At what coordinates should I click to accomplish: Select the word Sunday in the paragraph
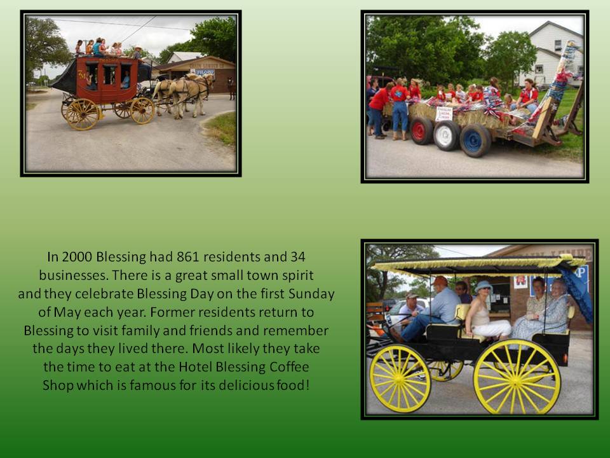click(x=311, y=294)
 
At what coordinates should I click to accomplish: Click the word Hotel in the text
click(x=195, y=367)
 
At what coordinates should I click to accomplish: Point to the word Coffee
click(x=287, y=367)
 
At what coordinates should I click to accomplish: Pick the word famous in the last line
click(x=153, y=385)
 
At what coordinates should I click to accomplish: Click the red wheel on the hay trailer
click(x=421, y=130)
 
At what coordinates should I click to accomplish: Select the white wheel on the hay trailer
click(x=446, y=135)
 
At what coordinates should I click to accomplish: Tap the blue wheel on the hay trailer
click(x=475, y=141)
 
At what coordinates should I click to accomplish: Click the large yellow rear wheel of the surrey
click(x=517, y=377)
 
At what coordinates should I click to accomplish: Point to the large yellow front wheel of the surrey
click(x=400, y=378)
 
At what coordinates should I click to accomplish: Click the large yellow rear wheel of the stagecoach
click(x=83, y=114)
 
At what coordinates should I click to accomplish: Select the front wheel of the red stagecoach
click(x=142, y=111)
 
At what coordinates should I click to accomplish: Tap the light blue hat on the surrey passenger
click(x=483, y=287)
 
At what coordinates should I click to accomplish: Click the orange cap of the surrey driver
click(x=440, y=281)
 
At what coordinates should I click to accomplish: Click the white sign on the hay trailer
click(x=444, y=114)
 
